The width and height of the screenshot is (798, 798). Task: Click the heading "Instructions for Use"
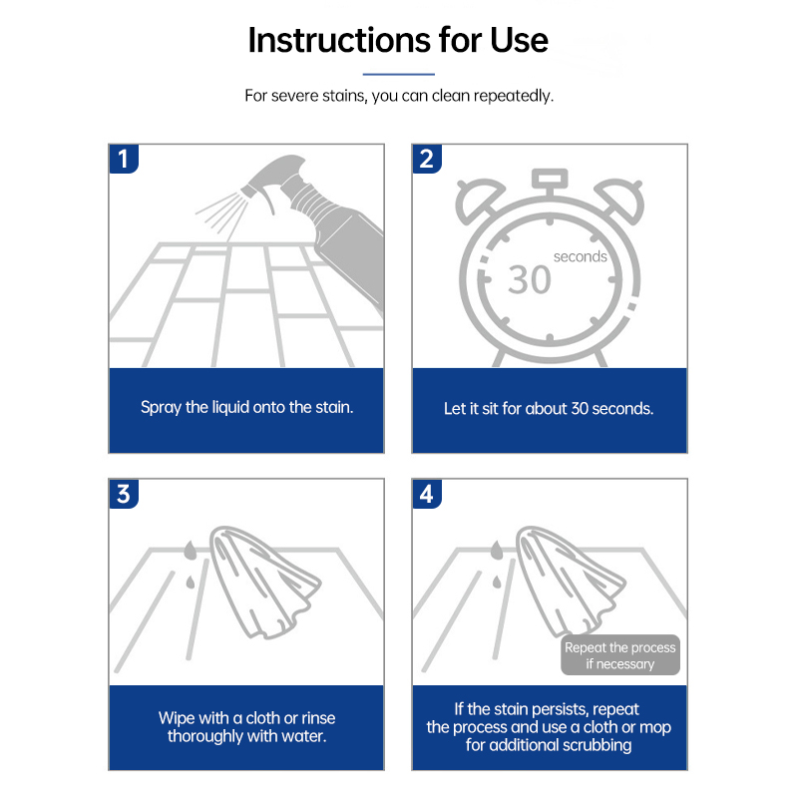coord(398,40)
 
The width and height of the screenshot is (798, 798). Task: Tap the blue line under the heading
coord(398,74)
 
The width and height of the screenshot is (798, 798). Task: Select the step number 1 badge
coord(124,159)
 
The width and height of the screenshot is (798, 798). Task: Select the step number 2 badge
coord(427,159)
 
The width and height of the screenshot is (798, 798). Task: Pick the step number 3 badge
coord(124,494)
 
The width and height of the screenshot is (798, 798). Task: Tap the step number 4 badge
coord(427,494)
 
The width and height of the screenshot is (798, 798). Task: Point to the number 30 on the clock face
coord(530,280)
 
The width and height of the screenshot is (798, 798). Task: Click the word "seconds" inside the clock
coord(581,256)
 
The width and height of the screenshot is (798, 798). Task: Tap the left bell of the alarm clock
coord(479,200)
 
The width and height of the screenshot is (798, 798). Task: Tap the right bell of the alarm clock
coord(620,200)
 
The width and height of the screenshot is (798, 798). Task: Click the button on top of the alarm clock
coord(550,179)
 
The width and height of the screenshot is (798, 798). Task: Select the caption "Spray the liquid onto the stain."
coord(246,407)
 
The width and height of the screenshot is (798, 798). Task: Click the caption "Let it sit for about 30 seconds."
coord(549,409)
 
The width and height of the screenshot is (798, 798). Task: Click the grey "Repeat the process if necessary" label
coord(620,655)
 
